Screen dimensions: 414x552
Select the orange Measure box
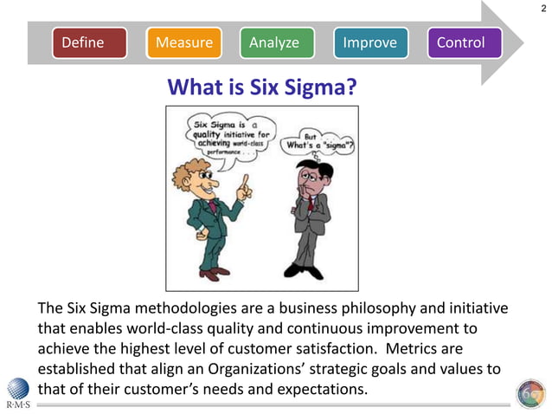click(183, 42)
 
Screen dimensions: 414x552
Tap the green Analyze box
click(274, 42)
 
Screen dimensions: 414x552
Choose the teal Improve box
click(369, 42)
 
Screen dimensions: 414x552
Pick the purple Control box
click(464, 42)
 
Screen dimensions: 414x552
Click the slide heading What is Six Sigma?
click(261, 87)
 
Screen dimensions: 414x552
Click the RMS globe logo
click(17, 389)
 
